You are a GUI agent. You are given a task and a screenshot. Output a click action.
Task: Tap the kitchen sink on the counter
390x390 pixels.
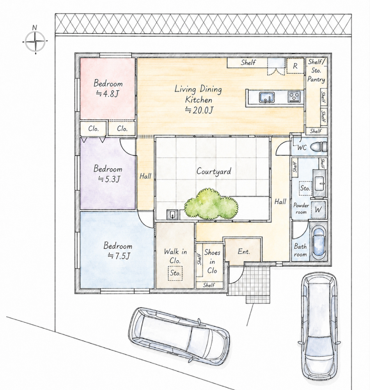click(267, 97)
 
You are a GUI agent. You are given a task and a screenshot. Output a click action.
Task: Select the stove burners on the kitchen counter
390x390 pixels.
click(294, 97)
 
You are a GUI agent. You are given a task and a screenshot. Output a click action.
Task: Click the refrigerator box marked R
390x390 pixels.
click(295, 66)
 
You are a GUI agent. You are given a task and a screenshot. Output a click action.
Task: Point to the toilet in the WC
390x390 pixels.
click(319, 147)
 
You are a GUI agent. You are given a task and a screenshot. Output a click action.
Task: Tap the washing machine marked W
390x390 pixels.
click(318, 210)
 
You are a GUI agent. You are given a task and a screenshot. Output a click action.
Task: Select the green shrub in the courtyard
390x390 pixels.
click(211, 204)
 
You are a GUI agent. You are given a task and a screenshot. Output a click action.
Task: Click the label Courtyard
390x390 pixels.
click(214, 171)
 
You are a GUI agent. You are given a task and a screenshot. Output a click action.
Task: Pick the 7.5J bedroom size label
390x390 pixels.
click(119, 256)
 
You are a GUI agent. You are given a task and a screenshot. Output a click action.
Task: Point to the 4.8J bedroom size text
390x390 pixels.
click(108, 94)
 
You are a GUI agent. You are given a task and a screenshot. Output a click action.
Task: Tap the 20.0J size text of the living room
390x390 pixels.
click(199, 110)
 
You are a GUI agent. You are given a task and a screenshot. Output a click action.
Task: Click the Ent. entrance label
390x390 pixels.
click(244, 252)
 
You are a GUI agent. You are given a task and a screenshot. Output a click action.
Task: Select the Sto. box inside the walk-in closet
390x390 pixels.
click(175, 273)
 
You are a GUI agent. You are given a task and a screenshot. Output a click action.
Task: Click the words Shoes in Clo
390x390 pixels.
click(212, 261)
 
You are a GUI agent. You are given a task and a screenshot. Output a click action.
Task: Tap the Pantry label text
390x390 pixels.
click(316, 79)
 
